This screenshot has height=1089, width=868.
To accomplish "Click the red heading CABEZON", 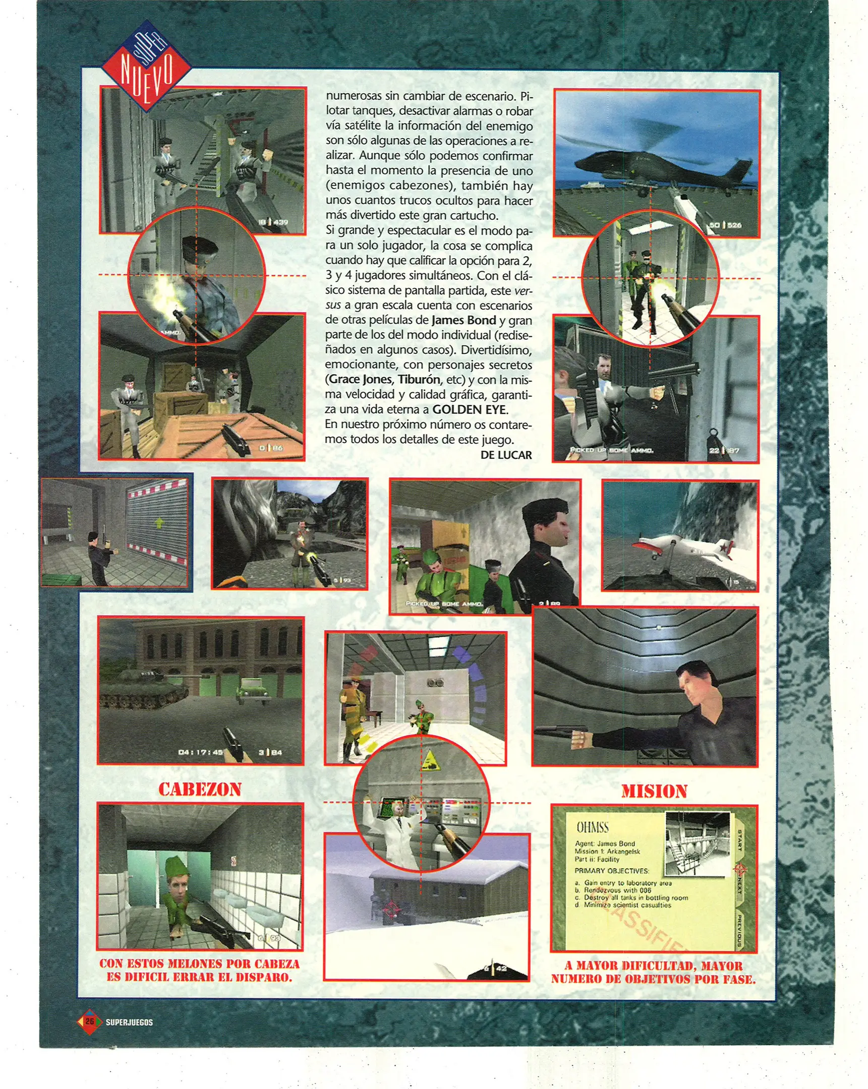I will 200,789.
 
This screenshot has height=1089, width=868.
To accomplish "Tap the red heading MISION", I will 654,791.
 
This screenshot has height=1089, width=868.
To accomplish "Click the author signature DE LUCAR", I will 506,455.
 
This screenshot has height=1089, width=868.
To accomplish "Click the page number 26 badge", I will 89,1021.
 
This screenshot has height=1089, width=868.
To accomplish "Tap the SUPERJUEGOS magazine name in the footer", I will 129,1022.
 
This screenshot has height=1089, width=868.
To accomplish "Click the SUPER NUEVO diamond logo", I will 147,66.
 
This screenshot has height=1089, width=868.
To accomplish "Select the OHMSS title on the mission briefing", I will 593,827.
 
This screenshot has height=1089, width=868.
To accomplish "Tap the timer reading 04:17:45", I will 201,752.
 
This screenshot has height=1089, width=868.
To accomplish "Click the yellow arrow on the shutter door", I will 160,521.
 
